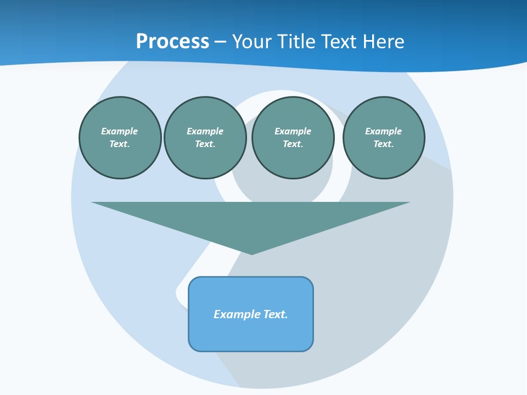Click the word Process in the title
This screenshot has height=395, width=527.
click(172, 41)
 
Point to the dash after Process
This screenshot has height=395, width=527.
click(220, 42)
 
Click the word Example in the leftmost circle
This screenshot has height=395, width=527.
click(120, 131)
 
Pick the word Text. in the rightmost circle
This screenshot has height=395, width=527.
click(384, 144)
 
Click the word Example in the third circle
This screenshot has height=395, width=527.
click(293, 131)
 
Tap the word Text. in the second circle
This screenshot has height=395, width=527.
click(205, 144)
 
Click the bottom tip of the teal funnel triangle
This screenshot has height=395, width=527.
click(252, 252)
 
